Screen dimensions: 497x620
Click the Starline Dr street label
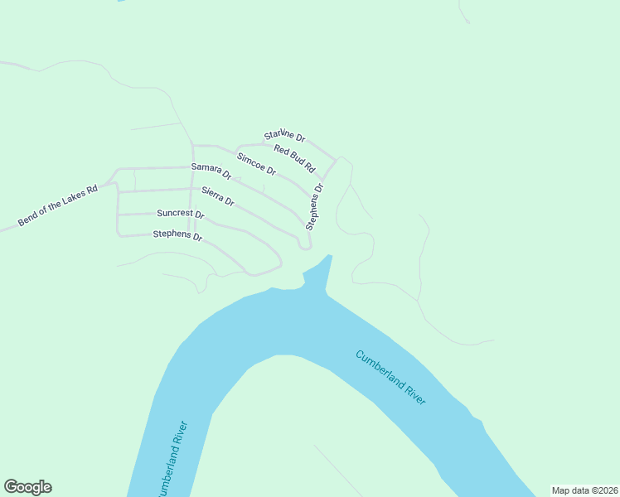coord(285,135)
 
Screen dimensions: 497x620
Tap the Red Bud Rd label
coord(295,158)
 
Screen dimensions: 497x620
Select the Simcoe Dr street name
coord(256,163)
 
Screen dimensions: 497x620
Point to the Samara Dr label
coord(211,171)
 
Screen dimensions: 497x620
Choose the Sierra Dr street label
coord(218,196)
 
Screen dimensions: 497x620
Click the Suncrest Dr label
coord(180,214)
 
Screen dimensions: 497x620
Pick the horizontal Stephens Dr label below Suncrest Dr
coord(177,236)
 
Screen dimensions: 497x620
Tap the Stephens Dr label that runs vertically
coord(315,206)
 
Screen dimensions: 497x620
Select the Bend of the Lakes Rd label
coord(57,206)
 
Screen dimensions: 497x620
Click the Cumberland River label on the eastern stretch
coord(390,378)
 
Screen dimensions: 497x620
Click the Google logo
coord(27,487)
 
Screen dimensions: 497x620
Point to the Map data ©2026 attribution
coord(584,490)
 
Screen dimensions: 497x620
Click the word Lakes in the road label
coord(70,200)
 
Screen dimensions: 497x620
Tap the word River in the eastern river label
coord(414,394)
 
